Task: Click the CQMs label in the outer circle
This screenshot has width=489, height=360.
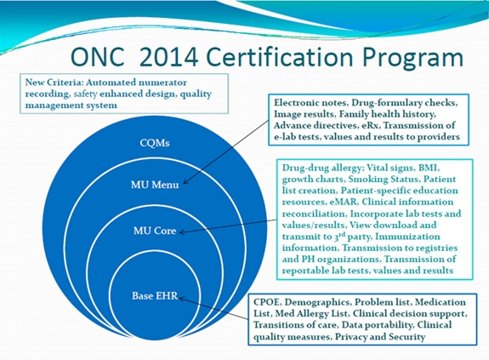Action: click(x=155, y=143)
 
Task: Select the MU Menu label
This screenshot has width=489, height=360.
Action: click(x=155, y=185)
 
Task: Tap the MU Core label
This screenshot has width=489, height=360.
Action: click(x=155, y=231)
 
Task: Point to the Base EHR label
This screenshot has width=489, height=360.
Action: click(x=155, y=295)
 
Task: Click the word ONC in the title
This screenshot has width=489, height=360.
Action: click(x=98, y=57)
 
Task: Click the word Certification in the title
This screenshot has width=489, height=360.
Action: click(x=280, y=57)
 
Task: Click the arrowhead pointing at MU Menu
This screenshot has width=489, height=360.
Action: click(x=185, y=182)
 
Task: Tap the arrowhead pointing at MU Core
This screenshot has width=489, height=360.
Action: click(x=183, y=231)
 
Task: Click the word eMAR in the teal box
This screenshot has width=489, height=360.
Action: click(x=344, y=202)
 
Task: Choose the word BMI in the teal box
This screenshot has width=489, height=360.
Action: click(x=428, y=168)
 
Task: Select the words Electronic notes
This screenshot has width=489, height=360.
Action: click(x=311, y=103)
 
